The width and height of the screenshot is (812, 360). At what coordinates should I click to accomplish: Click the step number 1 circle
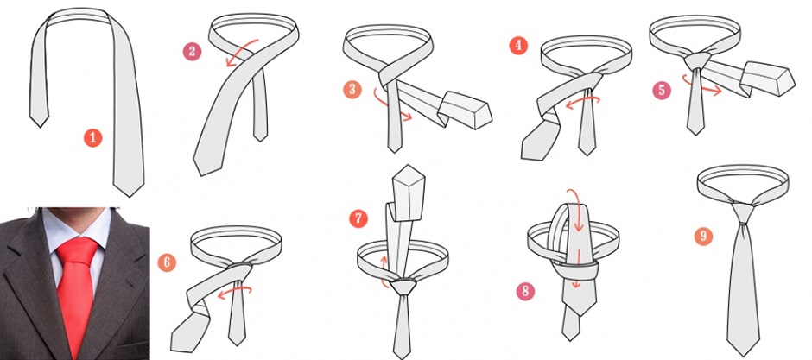point(93,137)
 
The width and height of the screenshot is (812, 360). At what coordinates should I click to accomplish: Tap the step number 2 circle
point(192,52)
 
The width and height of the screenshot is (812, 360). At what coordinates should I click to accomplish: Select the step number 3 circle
point(352,89)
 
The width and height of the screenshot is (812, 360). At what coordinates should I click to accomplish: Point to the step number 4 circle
point(517,46)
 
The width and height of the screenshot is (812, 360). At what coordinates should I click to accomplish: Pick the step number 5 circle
point(662,90)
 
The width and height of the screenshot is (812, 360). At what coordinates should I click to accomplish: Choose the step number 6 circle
point(167,262)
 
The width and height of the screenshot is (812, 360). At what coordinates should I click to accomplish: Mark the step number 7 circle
point(358,218)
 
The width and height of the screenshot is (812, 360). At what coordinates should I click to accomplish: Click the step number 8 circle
point(525,292)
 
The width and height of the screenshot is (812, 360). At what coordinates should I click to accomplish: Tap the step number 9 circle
point(703,237)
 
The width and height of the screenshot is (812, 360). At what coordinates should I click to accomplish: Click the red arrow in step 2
point(241,51)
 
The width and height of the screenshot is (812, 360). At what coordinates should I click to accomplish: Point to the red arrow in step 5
point(701,87)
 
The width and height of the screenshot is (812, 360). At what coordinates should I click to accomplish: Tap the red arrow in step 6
point(236,292)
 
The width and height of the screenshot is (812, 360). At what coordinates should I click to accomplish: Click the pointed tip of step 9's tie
point(743,356)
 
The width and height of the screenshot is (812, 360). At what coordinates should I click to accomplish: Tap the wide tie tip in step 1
point(129,196)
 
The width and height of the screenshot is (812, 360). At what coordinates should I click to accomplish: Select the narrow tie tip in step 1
point(40,127)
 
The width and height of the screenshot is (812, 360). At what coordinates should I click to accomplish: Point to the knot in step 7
point(403,287)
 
